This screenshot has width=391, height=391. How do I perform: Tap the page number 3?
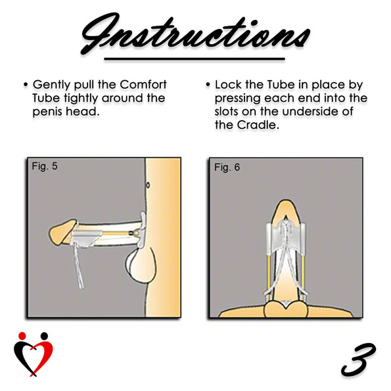click(x=358, y=360)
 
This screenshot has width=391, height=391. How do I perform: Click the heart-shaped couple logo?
click(x=34, y=354)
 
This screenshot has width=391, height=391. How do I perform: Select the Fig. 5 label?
click(x=45, y=166)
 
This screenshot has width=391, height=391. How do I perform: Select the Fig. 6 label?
click(x=227, y=168)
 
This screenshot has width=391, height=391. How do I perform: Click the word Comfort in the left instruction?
click(x=143, y=85)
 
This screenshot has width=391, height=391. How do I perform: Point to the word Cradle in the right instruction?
click(x=258, y=125)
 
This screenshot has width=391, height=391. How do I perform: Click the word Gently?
click(x=52, y=85)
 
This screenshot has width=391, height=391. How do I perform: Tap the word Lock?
click(x=229, y=85)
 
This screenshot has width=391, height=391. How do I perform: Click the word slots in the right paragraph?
click(x=227, y=111)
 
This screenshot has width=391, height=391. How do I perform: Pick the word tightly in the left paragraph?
click(x=81, y=99)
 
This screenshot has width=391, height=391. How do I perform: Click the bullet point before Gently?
click(x=26, y=85)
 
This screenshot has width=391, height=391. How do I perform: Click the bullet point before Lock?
click(x=208, y=85)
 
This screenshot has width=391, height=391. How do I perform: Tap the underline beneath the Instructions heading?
click(x=195, y=59)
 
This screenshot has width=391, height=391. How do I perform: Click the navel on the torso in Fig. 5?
click(x=148, y=185)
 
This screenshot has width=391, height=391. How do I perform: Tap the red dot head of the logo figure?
click(x=22, y=336)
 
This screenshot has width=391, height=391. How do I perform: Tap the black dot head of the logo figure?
click(x=44, y=336)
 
